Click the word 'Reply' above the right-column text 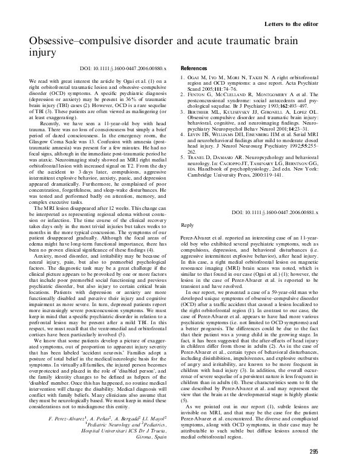coord(188,225)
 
